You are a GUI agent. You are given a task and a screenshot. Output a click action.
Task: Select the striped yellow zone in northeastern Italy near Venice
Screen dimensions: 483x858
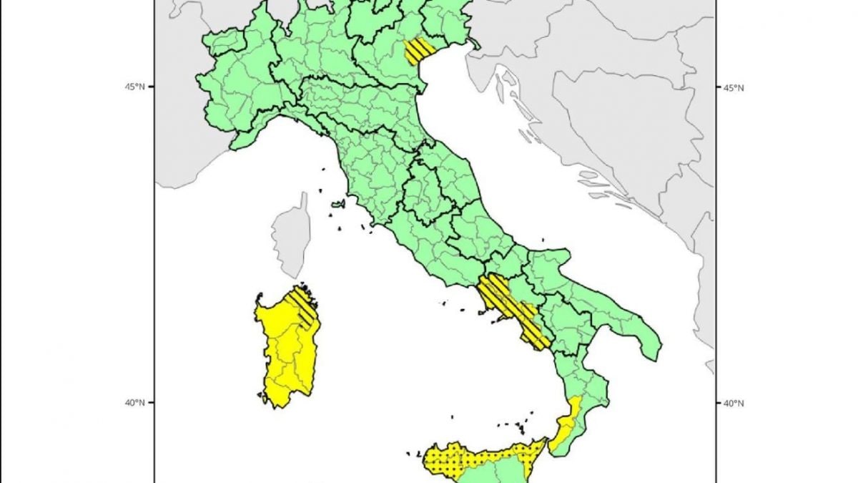coord(419,50)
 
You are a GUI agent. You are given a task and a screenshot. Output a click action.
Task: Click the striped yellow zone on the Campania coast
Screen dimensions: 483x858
coord(509,308)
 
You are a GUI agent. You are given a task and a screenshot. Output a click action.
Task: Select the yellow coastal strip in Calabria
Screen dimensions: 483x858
coord(565,426)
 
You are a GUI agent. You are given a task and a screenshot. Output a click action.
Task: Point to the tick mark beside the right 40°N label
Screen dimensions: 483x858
coord(717,402)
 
